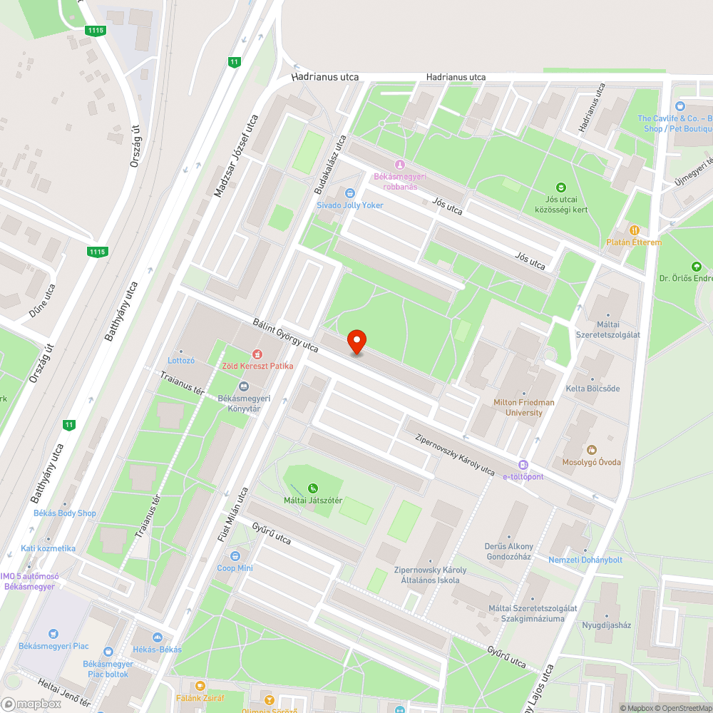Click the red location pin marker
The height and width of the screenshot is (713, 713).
[x=356, y=342]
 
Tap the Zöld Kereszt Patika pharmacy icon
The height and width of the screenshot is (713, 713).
[x=257, y=354]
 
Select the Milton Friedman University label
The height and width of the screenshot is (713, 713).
[x=523, y=407]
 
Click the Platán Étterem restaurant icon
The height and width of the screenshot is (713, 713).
[x=634, y=230]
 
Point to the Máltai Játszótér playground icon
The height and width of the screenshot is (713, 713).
[x=312, y=488]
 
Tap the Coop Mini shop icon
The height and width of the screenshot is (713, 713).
[x=235, y=555]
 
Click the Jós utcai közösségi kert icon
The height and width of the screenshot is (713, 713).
[x=561, y=188]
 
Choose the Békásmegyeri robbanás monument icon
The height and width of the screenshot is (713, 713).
[x=399, y=165]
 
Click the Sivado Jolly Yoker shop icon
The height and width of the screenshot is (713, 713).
[x=349, y=193]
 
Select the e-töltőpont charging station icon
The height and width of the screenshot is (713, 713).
[x=523, y=464]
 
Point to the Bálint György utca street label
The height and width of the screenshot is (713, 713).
[x=285, y=334]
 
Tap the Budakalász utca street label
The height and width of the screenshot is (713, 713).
[x=331, y=165]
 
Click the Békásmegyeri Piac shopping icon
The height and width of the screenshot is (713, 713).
[x=53, y=633]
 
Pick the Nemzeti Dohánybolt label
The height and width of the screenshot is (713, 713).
[x=585, y=560]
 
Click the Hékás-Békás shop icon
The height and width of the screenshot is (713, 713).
[x=158, y=637]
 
